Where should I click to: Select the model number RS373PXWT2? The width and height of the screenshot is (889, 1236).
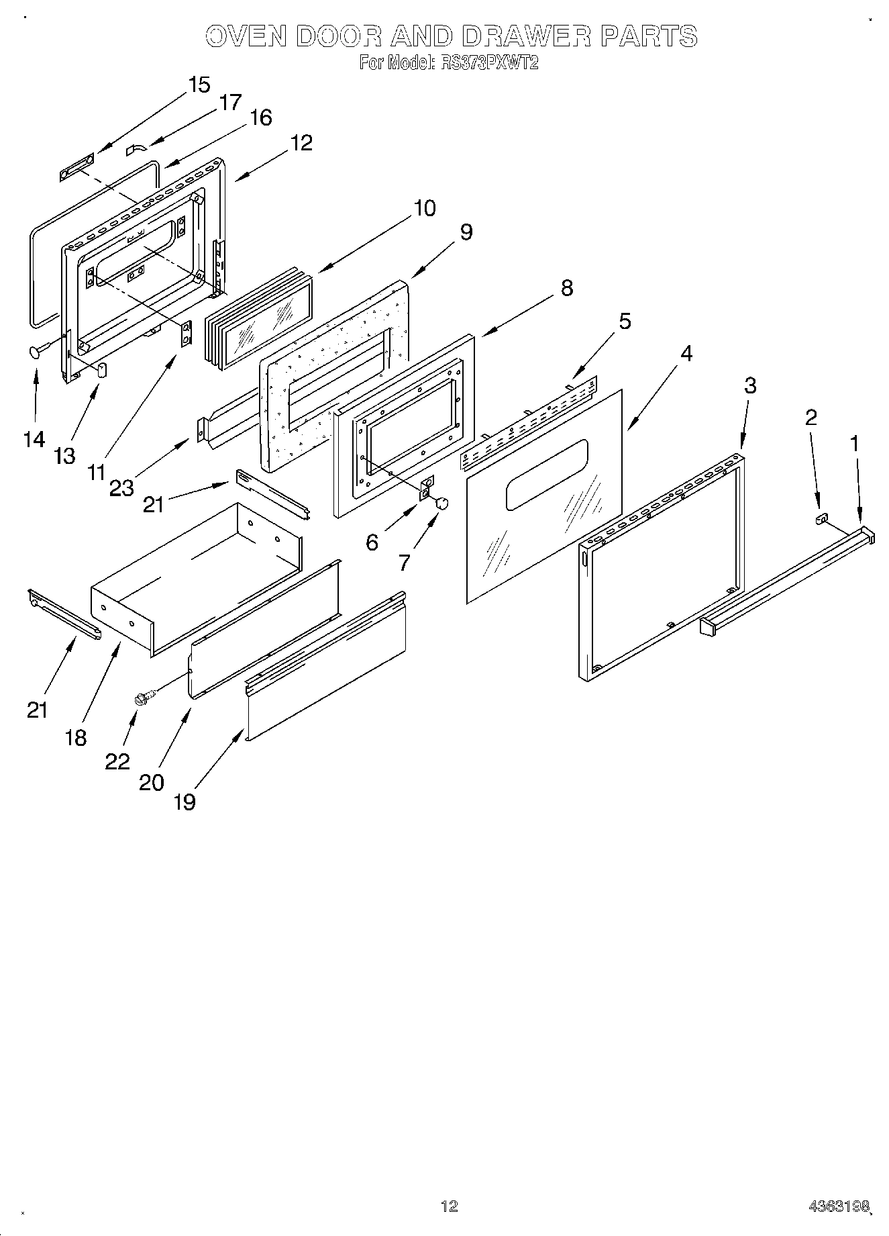[x=488, y=63]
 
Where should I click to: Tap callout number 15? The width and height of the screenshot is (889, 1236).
[x=199, y=85]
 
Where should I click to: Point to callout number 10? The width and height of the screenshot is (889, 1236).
[x=424, y=208]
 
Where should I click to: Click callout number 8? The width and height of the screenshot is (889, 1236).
[x=566, y=288]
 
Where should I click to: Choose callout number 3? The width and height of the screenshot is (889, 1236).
[x=749, y=385]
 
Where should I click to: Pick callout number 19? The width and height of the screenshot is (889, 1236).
[x=185, y=801]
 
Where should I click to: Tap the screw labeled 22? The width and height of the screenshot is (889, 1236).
[x=144, y=698]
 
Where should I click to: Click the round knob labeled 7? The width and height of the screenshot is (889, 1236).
[x=441, y=502]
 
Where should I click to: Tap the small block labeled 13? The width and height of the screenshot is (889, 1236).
[x=103, y=370]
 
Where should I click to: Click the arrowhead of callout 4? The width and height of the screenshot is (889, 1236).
[x=629, y=429]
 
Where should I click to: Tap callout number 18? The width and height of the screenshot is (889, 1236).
[x=76, y=737]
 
